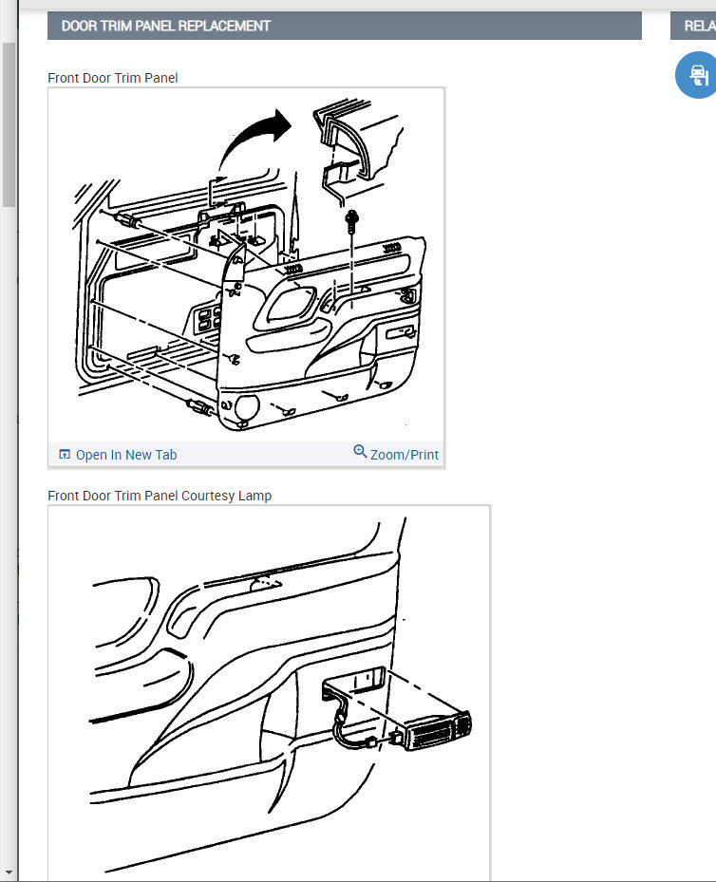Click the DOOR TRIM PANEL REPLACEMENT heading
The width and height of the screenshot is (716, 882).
(166, 26)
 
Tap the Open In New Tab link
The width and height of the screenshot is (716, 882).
(118, 455)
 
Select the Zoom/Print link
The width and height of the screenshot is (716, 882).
(396, 454)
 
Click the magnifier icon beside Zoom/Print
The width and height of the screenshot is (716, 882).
(360, 451)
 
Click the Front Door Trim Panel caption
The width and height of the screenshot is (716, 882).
(112, 78)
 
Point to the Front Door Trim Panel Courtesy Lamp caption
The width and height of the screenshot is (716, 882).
(160, 496)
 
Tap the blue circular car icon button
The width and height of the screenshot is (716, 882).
(697, 75)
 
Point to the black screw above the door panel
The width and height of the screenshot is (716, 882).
(352, 221)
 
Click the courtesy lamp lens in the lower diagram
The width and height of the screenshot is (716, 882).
(440, 731)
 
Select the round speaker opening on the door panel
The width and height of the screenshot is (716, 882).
(247, 407)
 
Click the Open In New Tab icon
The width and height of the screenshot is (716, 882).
(65, 454)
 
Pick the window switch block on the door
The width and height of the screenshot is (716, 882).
(206, 320)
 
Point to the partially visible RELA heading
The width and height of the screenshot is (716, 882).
(700, 26)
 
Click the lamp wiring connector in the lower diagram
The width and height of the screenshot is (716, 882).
(370, 742)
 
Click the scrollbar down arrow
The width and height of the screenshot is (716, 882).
(9, 873)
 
